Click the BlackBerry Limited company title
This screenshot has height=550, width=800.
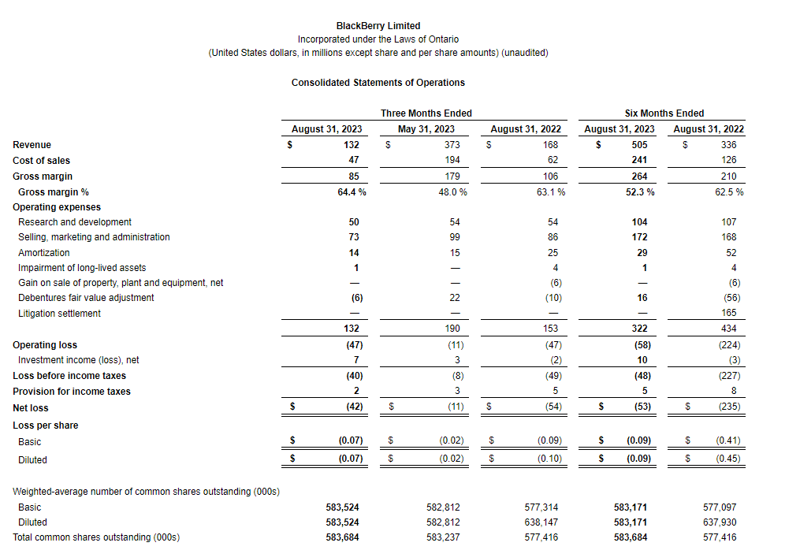(378, 26)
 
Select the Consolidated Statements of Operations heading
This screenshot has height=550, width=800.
(378, 83)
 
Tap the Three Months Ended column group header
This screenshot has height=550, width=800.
(426, 113)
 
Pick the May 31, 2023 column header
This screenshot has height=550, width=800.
(426, 129)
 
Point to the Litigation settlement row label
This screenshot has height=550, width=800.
(59, 314)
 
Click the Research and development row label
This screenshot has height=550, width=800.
(75, 222)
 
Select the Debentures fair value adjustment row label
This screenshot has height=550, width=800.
(86, 298)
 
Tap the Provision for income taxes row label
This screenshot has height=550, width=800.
(72, 392)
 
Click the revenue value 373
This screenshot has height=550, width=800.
(452, 145)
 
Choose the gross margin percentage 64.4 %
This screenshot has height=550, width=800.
(346, 192)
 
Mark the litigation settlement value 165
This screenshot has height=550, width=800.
(728, 314)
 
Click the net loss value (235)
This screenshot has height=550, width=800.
(727, 408)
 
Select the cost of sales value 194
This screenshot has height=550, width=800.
(452, 161)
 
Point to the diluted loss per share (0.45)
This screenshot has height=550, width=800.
(727, 459)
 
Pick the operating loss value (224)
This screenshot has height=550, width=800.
(727, 345)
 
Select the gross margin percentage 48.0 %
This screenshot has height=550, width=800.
(452, 192)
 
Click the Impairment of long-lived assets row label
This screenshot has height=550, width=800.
(82, 268)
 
